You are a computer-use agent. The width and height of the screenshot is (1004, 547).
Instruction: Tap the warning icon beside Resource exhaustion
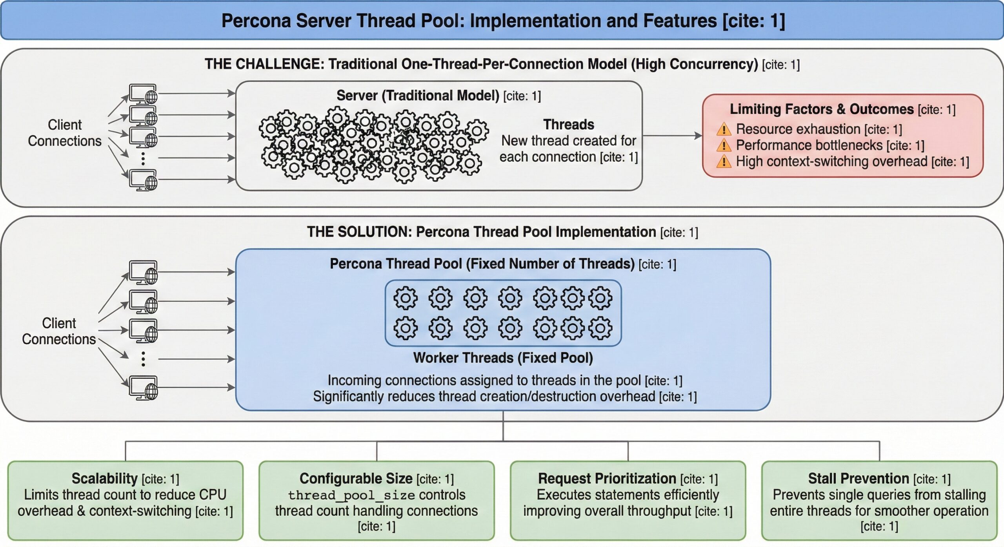click(724, 129)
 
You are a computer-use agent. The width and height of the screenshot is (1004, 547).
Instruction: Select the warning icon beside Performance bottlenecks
click(724, 145)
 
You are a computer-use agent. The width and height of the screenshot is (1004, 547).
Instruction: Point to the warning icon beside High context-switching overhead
click(724, 161)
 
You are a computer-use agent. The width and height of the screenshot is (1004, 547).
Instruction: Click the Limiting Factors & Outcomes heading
click(821, 109)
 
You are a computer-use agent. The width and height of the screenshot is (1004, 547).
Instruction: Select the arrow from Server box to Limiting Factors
click(672, 136)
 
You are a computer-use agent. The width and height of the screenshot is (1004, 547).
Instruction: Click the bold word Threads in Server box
click(568, 125)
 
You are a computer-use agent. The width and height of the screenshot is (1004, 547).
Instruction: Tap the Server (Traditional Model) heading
click(418, 96)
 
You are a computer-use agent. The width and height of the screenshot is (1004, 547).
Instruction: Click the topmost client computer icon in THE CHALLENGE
click(143, 94)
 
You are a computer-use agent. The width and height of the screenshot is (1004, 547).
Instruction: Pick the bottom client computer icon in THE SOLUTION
click(144, 388)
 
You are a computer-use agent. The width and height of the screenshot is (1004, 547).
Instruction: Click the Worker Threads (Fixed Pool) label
click(503, 358)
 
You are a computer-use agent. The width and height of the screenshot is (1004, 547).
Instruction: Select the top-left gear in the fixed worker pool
click(405, 298)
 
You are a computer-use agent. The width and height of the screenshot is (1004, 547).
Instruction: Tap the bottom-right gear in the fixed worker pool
click(600, 328)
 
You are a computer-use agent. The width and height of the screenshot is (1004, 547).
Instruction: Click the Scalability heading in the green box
click(104, 478)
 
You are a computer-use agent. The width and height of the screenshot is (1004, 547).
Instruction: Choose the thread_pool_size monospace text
click(351, 495)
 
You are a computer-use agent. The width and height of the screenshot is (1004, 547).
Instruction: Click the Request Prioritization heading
click(607, 478)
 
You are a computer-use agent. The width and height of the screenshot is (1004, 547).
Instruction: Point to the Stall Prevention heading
click(858, 478)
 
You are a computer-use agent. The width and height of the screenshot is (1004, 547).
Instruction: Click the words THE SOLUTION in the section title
click(359, 232)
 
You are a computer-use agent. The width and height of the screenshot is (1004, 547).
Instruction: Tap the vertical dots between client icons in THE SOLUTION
click(143, 359)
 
